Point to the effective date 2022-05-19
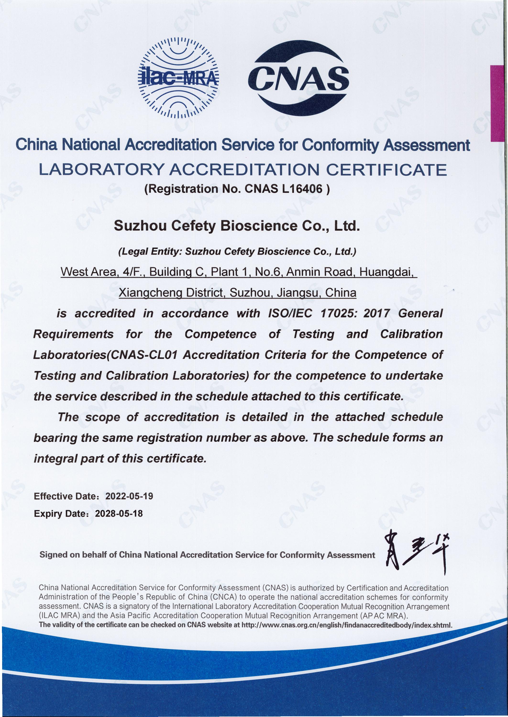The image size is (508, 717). tap(129, 496)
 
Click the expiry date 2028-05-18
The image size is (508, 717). tap(119, 513)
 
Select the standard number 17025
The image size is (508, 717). tap(339, 313)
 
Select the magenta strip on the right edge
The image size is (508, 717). tap(499, 103)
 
